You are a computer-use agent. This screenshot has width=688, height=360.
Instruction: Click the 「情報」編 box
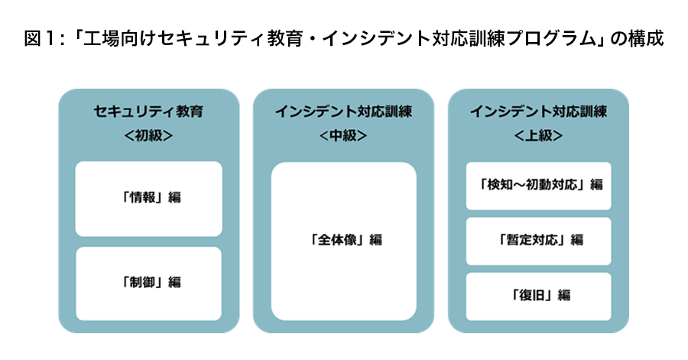(x=149, y=199)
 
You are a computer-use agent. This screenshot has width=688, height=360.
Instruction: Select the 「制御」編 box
(x=149, y=284)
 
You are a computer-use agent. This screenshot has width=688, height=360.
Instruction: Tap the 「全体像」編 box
(x=343, y=242)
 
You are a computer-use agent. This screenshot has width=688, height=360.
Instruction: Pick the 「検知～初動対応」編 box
(x=538, y=186)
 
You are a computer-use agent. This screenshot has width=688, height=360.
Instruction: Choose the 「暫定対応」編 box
(x=538, y=242)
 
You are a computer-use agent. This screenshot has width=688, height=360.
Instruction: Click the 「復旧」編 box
(x=538, y=297)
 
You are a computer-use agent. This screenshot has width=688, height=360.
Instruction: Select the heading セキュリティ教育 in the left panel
(x=149, y=112)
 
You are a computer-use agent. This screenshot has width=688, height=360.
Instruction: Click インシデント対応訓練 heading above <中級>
(x=343, y=112)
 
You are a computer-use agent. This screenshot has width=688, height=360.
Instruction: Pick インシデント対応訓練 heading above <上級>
(x=538, y=112)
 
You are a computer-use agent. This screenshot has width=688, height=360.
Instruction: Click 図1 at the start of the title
(x=39, y=38)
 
